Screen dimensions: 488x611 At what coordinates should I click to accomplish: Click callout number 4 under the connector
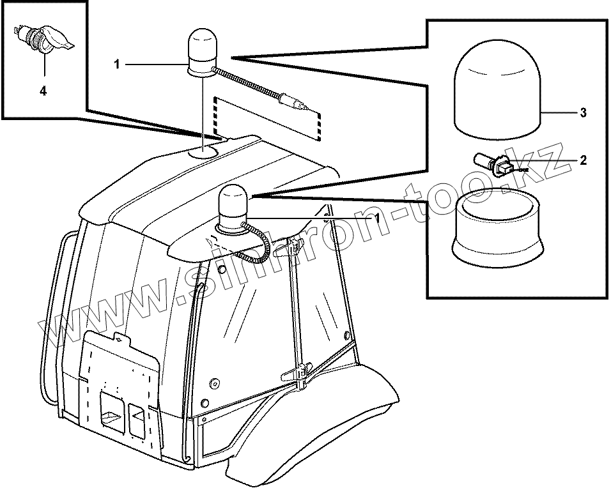pos(43,91)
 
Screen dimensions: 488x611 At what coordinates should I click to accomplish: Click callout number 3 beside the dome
pos(583,113)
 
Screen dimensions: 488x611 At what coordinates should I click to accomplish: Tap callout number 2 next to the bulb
pos(583,160)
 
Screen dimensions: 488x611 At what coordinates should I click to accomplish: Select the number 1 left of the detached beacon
pos(117,64)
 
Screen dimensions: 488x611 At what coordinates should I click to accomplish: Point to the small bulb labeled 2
pos(496,163)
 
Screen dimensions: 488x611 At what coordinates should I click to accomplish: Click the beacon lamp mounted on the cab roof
pos(233,206)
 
